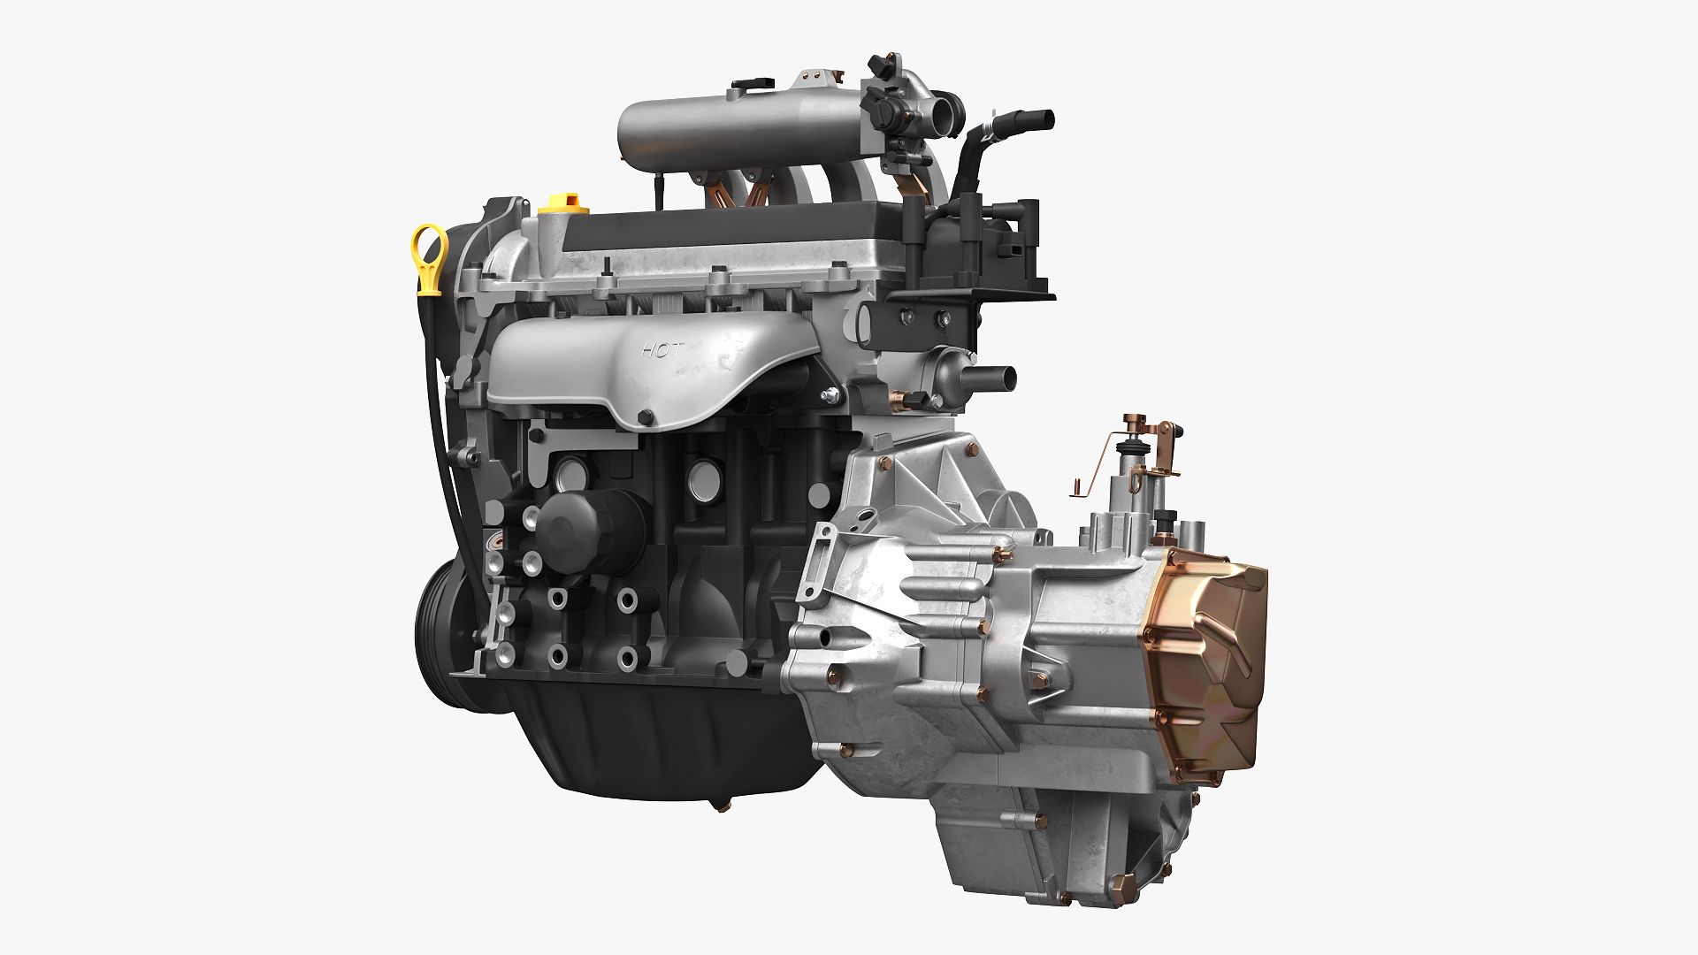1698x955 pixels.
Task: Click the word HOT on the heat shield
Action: (661, 350)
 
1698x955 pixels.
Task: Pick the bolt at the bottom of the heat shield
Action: (646, 416)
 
